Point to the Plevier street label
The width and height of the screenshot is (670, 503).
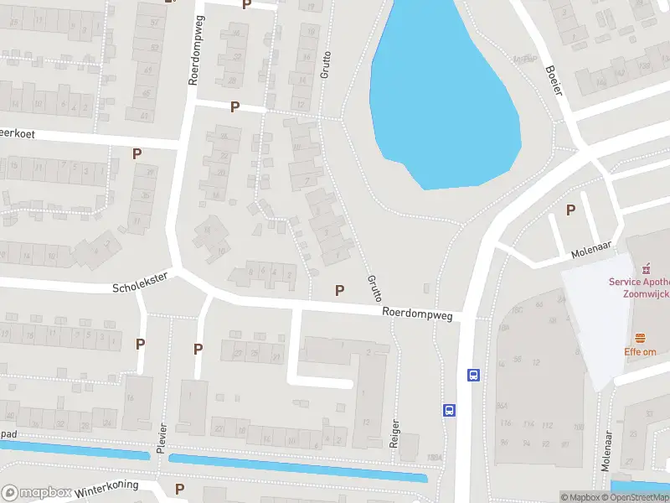click(x=162, y=438)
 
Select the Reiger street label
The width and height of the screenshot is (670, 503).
click(x=394, y=434)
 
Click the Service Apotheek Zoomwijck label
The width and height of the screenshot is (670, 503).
click(x=640, y=288)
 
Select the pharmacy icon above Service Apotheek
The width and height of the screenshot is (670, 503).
click(x=646, y=269)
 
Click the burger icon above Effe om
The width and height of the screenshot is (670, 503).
click(x=642, y=337)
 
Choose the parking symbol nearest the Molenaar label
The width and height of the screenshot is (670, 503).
click(x=571, y=210)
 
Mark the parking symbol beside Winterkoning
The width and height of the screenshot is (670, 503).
click(x=179, y=489)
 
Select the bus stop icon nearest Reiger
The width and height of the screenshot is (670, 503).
click(x=450, y=410)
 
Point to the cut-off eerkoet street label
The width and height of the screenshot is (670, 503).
click(x=19, y=132)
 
